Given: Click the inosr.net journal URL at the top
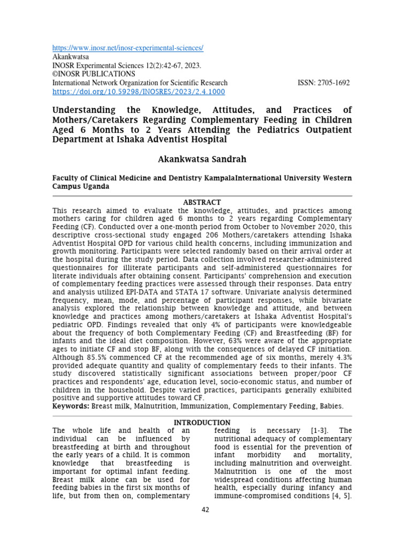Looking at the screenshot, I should pyautogui.click(x=127, y=48).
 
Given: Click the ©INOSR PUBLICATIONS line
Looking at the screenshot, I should pyautogui.click(x=94, y=74).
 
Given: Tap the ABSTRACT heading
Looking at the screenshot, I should pyautogui.click(x=202, y=202).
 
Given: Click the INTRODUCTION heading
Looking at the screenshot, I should pyautogui.click(x=202, y=423).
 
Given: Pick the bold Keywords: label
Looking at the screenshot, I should pyautogui.click(x=71, y=406).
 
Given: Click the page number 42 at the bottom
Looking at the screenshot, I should pyautogui.click(x=205, y=509).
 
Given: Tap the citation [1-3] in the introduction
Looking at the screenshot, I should pyautogui.click(x=321, y=430).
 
